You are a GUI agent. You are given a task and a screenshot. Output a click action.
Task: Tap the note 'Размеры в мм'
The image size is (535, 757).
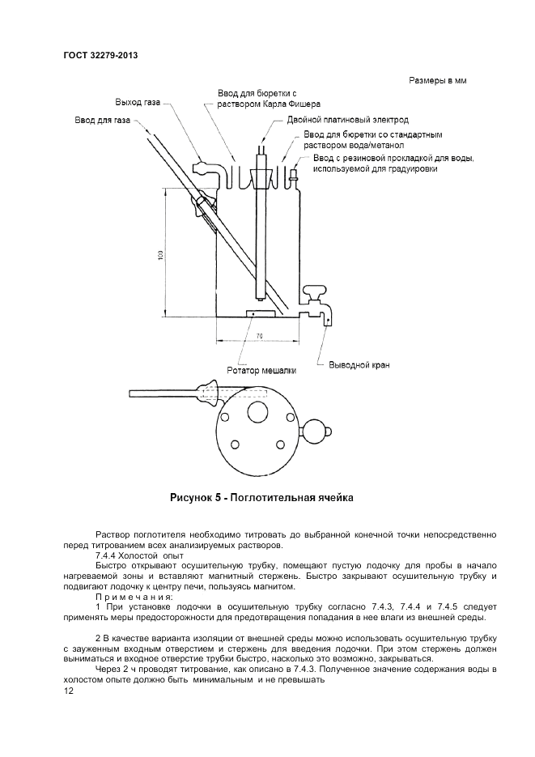[438, 81]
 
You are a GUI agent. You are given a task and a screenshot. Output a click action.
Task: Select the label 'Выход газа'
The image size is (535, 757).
[138, 104]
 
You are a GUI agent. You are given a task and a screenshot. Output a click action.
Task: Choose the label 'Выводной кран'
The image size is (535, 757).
[359, 365]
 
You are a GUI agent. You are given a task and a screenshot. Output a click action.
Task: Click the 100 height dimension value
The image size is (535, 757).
[161, 255]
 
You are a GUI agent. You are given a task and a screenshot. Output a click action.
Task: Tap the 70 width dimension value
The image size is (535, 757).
[259, 334]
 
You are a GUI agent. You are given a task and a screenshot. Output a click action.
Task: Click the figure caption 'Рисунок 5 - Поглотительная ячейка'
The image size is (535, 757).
[261, 497]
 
